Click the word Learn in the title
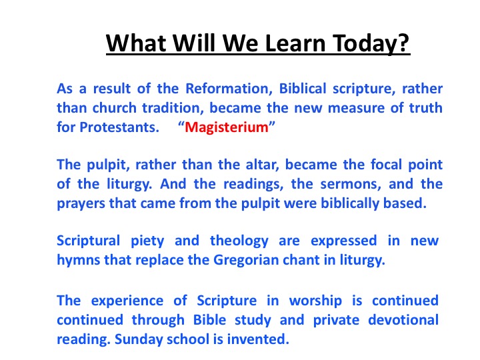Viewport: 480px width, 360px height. (x=294, y=43)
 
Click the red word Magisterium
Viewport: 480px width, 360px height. (x=227, y=127)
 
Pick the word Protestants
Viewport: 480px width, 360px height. (x=119, y=127)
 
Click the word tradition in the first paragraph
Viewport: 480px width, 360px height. (x=173, y=108)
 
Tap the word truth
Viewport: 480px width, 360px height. (x=425, y=108)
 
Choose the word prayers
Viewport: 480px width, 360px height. (x=81, y=203)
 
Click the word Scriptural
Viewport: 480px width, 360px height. (x=88, y=241)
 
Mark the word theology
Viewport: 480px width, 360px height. (x=239, y=241)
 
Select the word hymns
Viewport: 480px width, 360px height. (x=79, y=260)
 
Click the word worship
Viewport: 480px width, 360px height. (x=315, y=301)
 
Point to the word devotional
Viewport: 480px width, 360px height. (x=403, y=320)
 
